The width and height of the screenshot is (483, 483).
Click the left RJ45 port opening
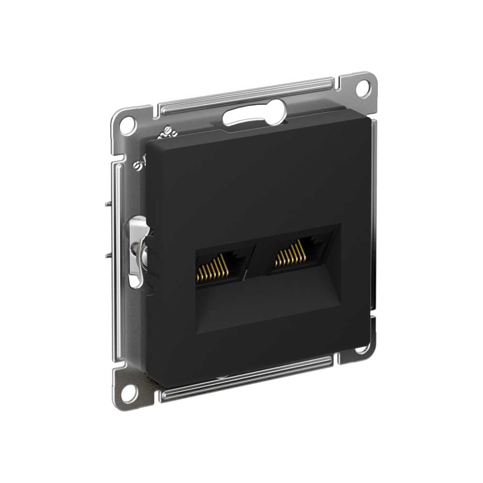pyautogui.click(x=223, y=267)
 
